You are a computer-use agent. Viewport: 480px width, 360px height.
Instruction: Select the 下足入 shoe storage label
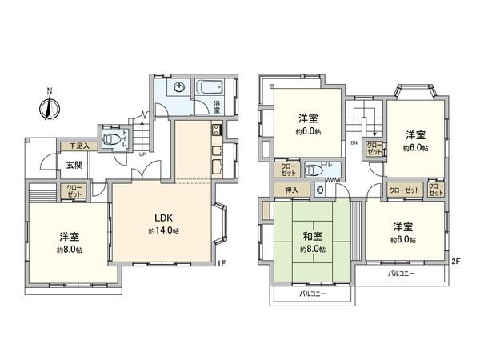78,146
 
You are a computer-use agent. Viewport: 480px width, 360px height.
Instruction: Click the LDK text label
163,216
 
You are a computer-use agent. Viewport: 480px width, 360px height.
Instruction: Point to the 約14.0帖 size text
163,230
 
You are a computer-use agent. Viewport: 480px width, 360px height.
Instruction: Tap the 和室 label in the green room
312,236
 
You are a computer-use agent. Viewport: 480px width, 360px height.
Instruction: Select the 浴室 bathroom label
216,104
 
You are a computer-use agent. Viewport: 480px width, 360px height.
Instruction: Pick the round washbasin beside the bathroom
178,87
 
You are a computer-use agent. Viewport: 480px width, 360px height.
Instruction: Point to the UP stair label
142,154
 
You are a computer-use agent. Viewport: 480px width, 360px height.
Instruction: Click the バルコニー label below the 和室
312,294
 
